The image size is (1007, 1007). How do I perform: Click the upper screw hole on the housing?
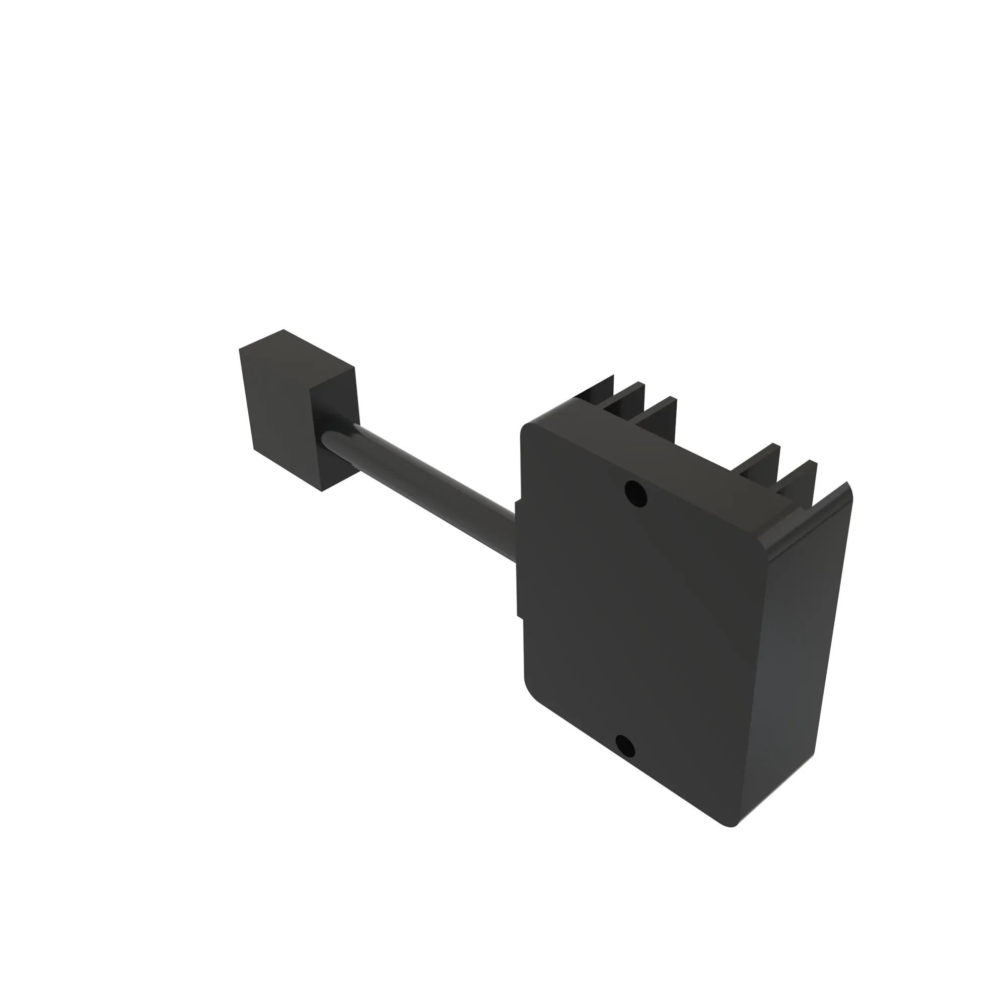[x=635, y=493]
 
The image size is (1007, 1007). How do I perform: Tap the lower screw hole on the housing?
[x=625, y=746]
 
